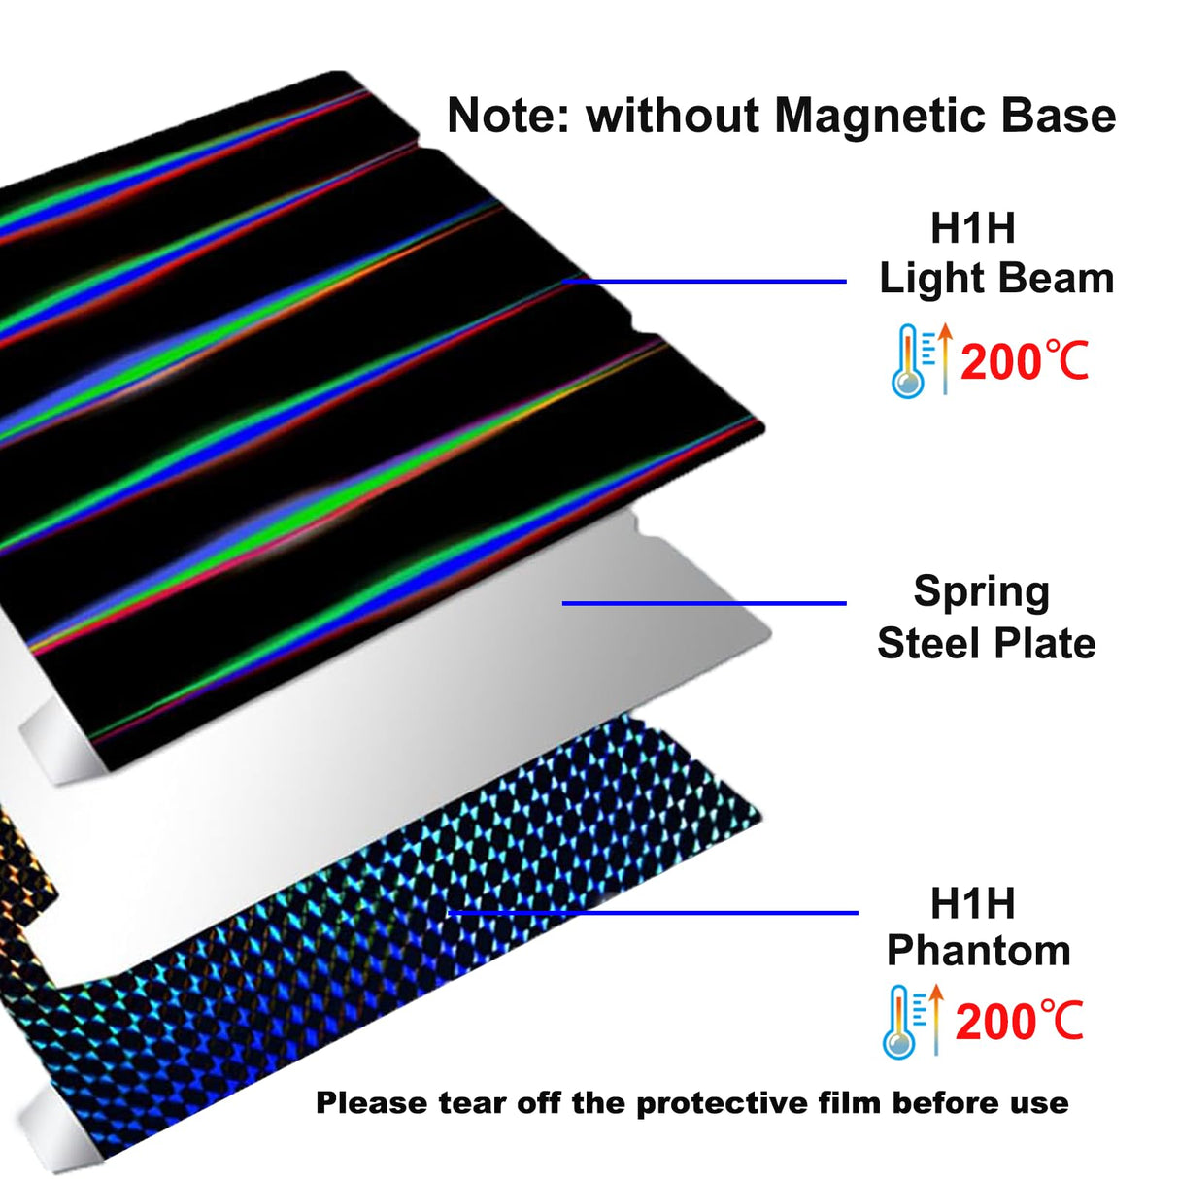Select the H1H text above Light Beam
(972, 227)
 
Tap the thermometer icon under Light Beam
(907, 361)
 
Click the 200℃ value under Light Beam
(1025, 361)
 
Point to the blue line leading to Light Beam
(704, 282)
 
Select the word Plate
(1045, 643)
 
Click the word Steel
(929, 643)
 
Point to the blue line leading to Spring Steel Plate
(704, 603)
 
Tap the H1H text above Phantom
(972, 903)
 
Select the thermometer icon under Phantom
(900, 1023)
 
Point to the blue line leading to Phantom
(654, 912)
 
